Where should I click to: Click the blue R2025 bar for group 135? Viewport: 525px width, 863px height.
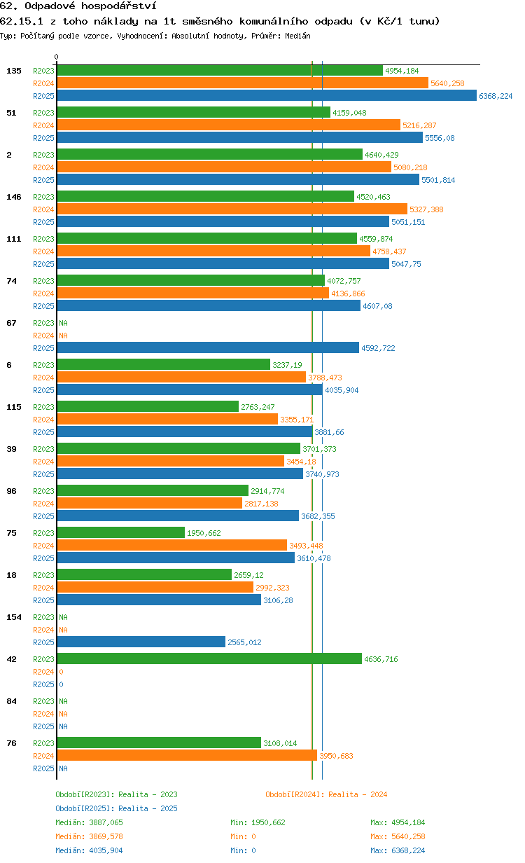[x=267, y=95]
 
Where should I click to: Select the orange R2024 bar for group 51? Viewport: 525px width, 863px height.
[x=229, y=125]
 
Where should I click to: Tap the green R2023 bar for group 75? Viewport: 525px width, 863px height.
[x=121, y=532]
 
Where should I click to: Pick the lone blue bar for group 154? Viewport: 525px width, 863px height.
[x=141, y=642]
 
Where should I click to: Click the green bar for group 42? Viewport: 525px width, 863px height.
[x=209, y=658]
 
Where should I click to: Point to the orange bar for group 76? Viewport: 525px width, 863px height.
[x=187, y=756]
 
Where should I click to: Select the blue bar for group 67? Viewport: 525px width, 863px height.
[x=208, y=347]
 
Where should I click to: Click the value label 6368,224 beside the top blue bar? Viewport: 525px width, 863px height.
[x=496, y=96]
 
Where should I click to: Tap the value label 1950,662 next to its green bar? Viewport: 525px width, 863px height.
[x=204, y=533]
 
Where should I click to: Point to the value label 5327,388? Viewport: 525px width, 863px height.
[x=426, y=209]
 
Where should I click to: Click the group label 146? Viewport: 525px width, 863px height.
[x=14, y=197]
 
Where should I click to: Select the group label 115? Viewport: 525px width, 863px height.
[x=14, y=407]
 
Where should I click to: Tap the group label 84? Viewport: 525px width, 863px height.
[x=11, y=701]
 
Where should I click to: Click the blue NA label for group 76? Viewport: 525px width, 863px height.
[x=63, y=768]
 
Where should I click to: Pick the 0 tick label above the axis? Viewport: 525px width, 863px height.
[x=56, y=57]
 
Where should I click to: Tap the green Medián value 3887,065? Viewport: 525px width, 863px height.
[x=106, y=822]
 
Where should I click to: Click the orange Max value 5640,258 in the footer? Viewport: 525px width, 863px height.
[x=408, y=836]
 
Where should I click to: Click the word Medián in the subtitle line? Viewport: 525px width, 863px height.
[x=297, y=36]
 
